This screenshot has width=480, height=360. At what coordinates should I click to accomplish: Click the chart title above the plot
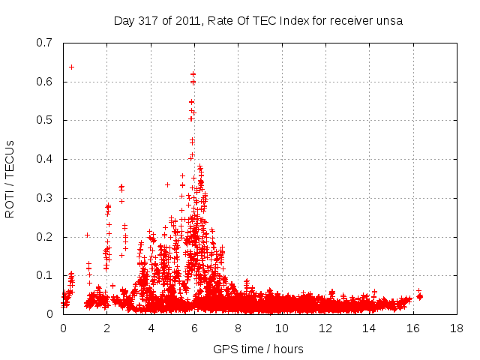click(x=259, y=21)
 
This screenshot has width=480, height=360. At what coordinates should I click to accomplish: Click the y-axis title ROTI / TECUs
click(x=10, y=178)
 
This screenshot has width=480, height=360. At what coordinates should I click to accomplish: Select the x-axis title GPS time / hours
click(x=259, y=349)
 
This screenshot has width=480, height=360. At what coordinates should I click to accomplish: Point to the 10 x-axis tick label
click(x=281, y=328)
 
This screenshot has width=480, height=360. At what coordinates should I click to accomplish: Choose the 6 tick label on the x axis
click(x=194, y=328)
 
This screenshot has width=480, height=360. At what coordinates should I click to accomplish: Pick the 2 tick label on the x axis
click(x=106, y=328)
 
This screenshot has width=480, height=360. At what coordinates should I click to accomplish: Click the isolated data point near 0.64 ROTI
click(x=71, y=67)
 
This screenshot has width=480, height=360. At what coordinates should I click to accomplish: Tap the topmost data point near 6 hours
click(x=193, y=73)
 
